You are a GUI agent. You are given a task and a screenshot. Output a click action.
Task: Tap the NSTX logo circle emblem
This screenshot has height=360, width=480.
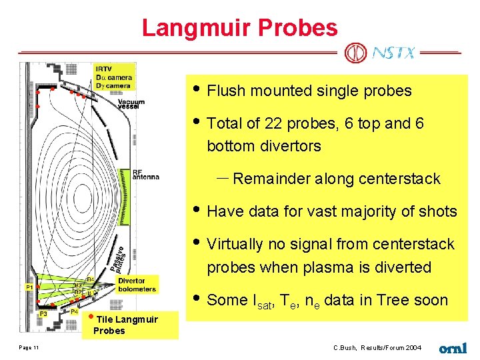tap(356, 53)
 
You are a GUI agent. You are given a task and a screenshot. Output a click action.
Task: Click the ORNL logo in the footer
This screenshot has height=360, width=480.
tap(453, 347)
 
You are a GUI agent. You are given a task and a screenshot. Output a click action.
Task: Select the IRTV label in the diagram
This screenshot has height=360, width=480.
tap(103, 69)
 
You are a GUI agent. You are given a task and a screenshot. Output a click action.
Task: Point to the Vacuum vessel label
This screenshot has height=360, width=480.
tap(131, 104)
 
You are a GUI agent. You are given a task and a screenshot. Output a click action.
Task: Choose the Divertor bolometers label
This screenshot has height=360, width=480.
tap(136, 285)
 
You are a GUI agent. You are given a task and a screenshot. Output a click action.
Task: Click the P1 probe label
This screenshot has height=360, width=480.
tap(29, 287)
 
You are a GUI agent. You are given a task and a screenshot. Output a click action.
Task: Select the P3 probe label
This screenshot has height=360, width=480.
tap(43, 313)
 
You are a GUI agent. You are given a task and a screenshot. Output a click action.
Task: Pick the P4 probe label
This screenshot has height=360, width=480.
tap(75, 312)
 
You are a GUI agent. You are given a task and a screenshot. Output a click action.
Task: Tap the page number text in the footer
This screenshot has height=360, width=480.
tap(29, 347)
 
